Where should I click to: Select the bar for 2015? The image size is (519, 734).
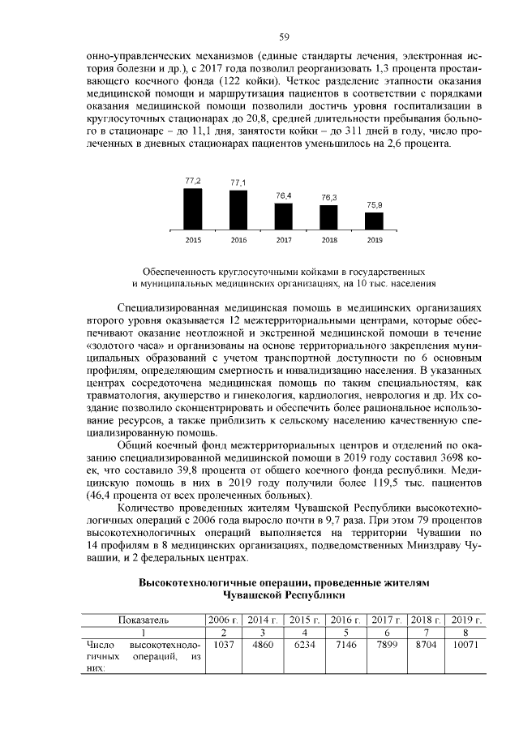(193, 208)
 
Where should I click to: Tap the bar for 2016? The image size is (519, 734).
(238, 209)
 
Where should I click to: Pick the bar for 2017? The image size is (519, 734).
(284, 216)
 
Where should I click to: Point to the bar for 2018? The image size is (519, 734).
(328, 217)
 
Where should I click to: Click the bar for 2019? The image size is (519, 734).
(374, 220)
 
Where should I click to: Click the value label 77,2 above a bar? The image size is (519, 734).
(193, 179)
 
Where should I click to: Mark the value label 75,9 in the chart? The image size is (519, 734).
(375, 204)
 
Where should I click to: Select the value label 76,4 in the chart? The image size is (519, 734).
(284, 195)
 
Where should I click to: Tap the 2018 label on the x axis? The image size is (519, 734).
(328, 240)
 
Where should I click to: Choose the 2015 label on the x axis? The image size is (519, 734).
(193, 240)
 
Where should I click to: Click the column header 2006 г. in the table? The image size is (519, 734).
(223, 620)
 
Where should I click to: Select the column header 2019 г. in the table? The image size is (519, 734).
(466, 620)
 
